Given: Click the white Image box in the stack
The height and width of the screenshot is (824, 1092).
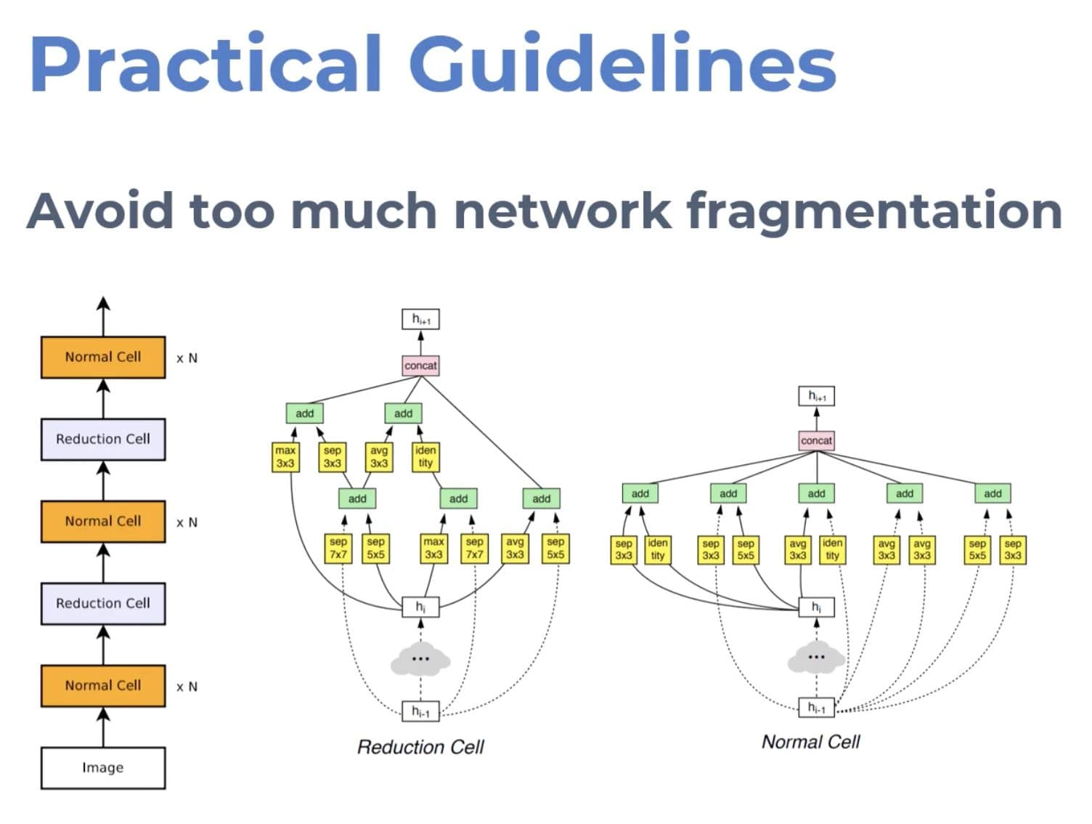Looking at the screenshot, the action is point(103,767).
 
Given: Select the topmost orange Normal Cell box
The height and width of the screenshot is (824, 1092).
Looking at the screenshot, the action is point(103,357).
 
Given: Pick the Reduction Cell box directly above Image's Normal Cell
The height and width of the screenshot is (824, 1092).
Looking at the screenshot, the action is point(103,603).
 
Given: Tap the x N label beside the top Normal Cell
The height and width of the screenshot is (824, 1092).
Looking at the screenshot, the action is point(187,358).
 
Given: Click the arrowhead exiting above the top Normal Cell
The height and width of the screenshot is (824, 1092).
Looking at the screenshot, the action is point(103,303).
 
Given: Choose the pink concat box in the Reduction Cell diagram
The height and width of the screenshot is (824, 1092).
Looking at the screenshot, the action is point(420,365).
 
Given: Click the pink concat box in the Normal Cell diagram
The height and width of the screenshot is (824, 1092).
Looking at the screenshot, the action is point(816,440).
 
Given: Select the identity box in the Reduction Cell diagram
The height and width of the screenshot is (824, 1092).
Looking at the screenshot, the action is point(425,456).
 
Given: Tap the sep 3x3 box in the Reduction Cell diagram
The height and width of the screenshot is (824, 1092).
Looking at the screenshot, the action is point(333,456).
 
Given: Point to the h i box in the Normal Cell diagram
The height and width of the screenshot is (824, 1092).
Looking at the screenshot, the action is point(816,607).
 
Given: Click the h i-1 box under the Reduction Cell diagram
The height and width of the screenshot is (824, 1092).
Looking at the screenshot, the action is point(420,711).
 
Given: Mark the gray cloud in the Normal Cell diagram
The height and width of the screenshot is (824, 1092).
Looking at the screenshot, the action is point(816,658).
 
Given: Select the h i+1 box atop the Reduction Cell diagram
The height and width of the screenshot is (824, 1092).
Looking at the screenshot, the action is point(420,319).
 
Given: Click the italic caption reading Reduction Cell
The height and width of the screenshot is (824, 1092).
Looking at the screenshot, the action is point(420,747).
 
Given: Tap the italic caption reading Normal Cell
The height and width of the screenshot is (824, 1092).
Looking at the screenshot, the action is point(811,742).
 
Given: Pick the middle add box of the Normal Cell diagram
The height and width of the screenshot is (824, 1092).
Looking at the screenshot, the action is point(816,493).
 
